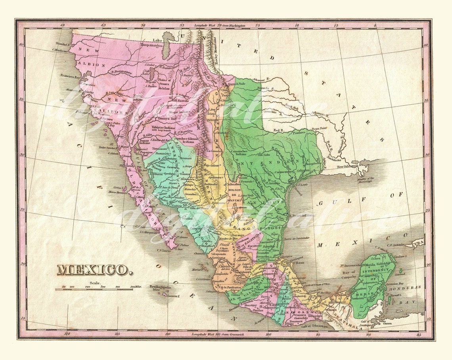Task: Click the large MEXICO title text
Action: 94,270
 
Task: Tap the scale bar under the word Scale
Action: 94,289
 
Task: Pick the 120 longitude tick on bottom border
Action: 67,334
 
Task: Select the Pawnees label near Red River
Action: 299,133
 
